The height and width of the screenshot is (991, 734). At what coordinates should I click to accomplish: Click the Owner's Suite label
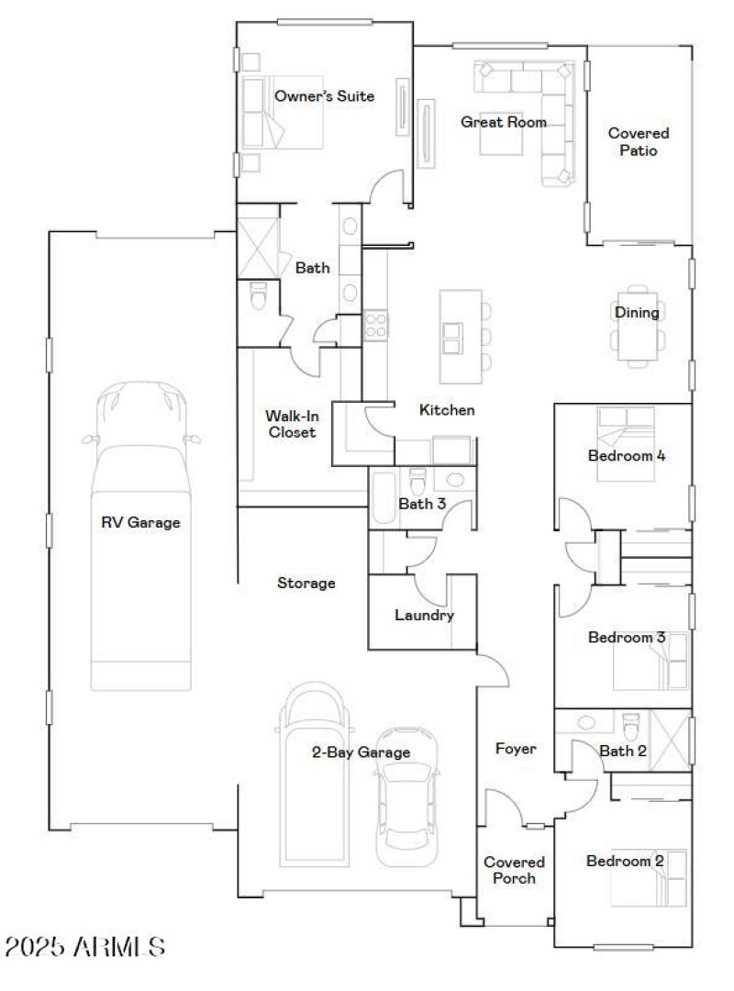[x=324, y=95]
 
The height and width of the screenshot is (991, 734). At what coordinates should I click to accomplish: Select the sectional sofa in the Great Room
[x=541, y=101]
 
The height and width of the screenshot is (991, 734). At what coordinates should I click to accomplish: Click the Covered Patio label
[x=639, y=141]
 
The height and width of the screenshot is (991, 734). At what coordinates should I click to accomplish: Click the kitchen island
[x=461, y=336]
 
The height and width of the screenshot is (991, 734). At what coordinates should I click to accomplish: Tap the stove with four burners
[x=376, y=326]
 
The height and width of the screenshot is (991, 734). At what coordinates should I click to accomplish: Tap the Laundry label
[x=424, y=615]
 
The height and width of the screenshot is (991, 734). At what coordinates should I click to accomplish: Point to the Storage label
[x=306, y=583]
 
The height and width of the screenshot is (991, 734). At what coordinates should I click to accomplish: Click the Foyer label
[x=515, y=749]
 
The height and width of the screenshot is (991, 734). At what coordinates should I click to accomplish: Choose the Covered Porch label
[x=514, y=870]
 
